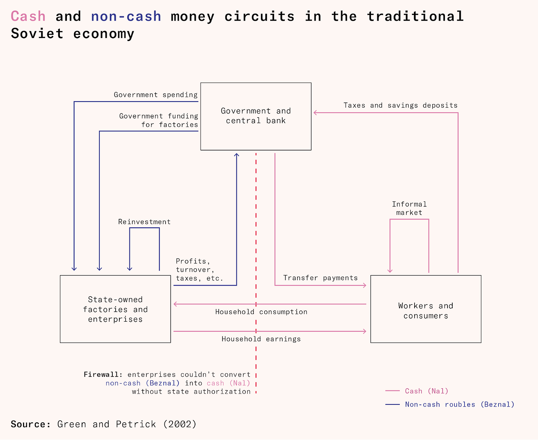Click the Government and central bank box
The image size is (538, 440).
pos(256,116)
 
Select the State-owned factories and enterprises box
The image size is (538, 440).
pos(115,309)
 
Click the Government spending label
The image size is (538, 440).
pos(156,95)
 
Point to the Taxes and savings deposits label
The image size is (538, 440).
pos(401,105)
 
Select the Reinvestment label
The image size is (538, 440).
pos(144,222)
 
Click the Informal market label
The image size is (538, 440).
pos(409,208)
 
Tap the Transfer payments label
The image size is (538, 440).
pos(320,278)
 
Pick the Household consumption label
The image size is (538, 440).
pos(261,312)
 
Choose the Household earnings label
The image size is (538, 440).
pos(261,339)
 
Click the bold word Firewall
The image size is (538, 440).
pos(103,375)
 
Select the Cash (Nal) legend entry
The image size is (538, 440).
pos(426,391)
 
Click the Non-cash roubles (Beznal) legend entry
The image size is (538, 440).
pos(460,405)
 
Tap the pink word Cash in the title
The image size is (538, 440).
pos(28,17)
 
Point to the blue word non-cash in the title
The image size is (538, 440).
pos(126,17)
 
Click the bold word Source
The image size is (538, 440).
pos(31,424)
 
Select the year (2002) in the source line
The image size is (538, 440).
pos(180,424)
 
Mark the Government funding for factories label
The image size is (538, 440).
pos(159,121)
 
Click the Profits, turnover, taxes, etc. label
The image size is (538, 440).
pos(200,270)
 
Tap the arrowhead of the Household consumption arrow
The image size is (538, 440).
pos(175,304)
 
